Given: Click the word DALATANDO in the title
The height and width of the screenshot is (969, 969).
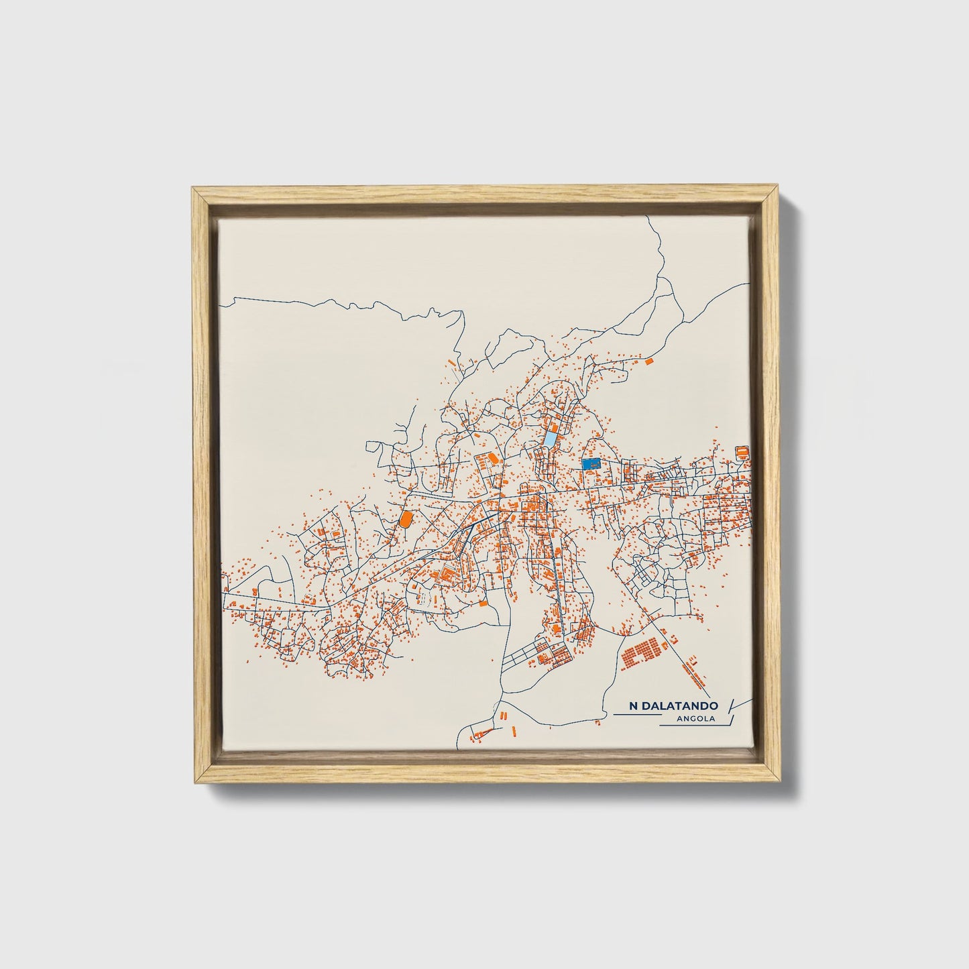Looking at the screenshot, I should (679, 706).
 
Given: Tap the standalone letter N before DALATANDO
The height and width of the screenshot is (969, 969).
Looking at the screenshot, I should (633, 706).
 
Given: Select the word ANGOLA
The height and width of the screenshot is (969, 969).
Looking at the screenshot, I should (697, 720).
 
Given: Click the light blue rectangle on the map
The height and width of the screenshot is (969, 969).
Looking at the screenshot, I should (550, 439).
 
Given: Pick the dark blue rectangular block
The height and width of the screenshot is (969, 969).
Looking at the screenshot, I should (591, 463).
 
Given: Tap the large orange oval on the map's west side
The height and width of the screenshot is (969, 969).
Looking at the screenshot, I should (405, 518).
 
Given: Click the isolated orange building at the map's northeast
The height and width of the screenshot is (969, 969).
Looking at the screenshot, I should (648, 361).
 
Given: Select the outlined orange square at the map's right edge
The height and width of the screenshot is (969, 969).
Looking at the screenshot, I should (742, 452).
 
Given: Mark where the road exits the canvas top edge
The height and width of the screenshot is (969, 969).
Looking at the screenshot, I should (646, 218).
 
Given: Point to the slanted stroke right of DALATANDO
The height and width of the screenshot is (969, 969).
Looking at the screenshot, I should (731, 704).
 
